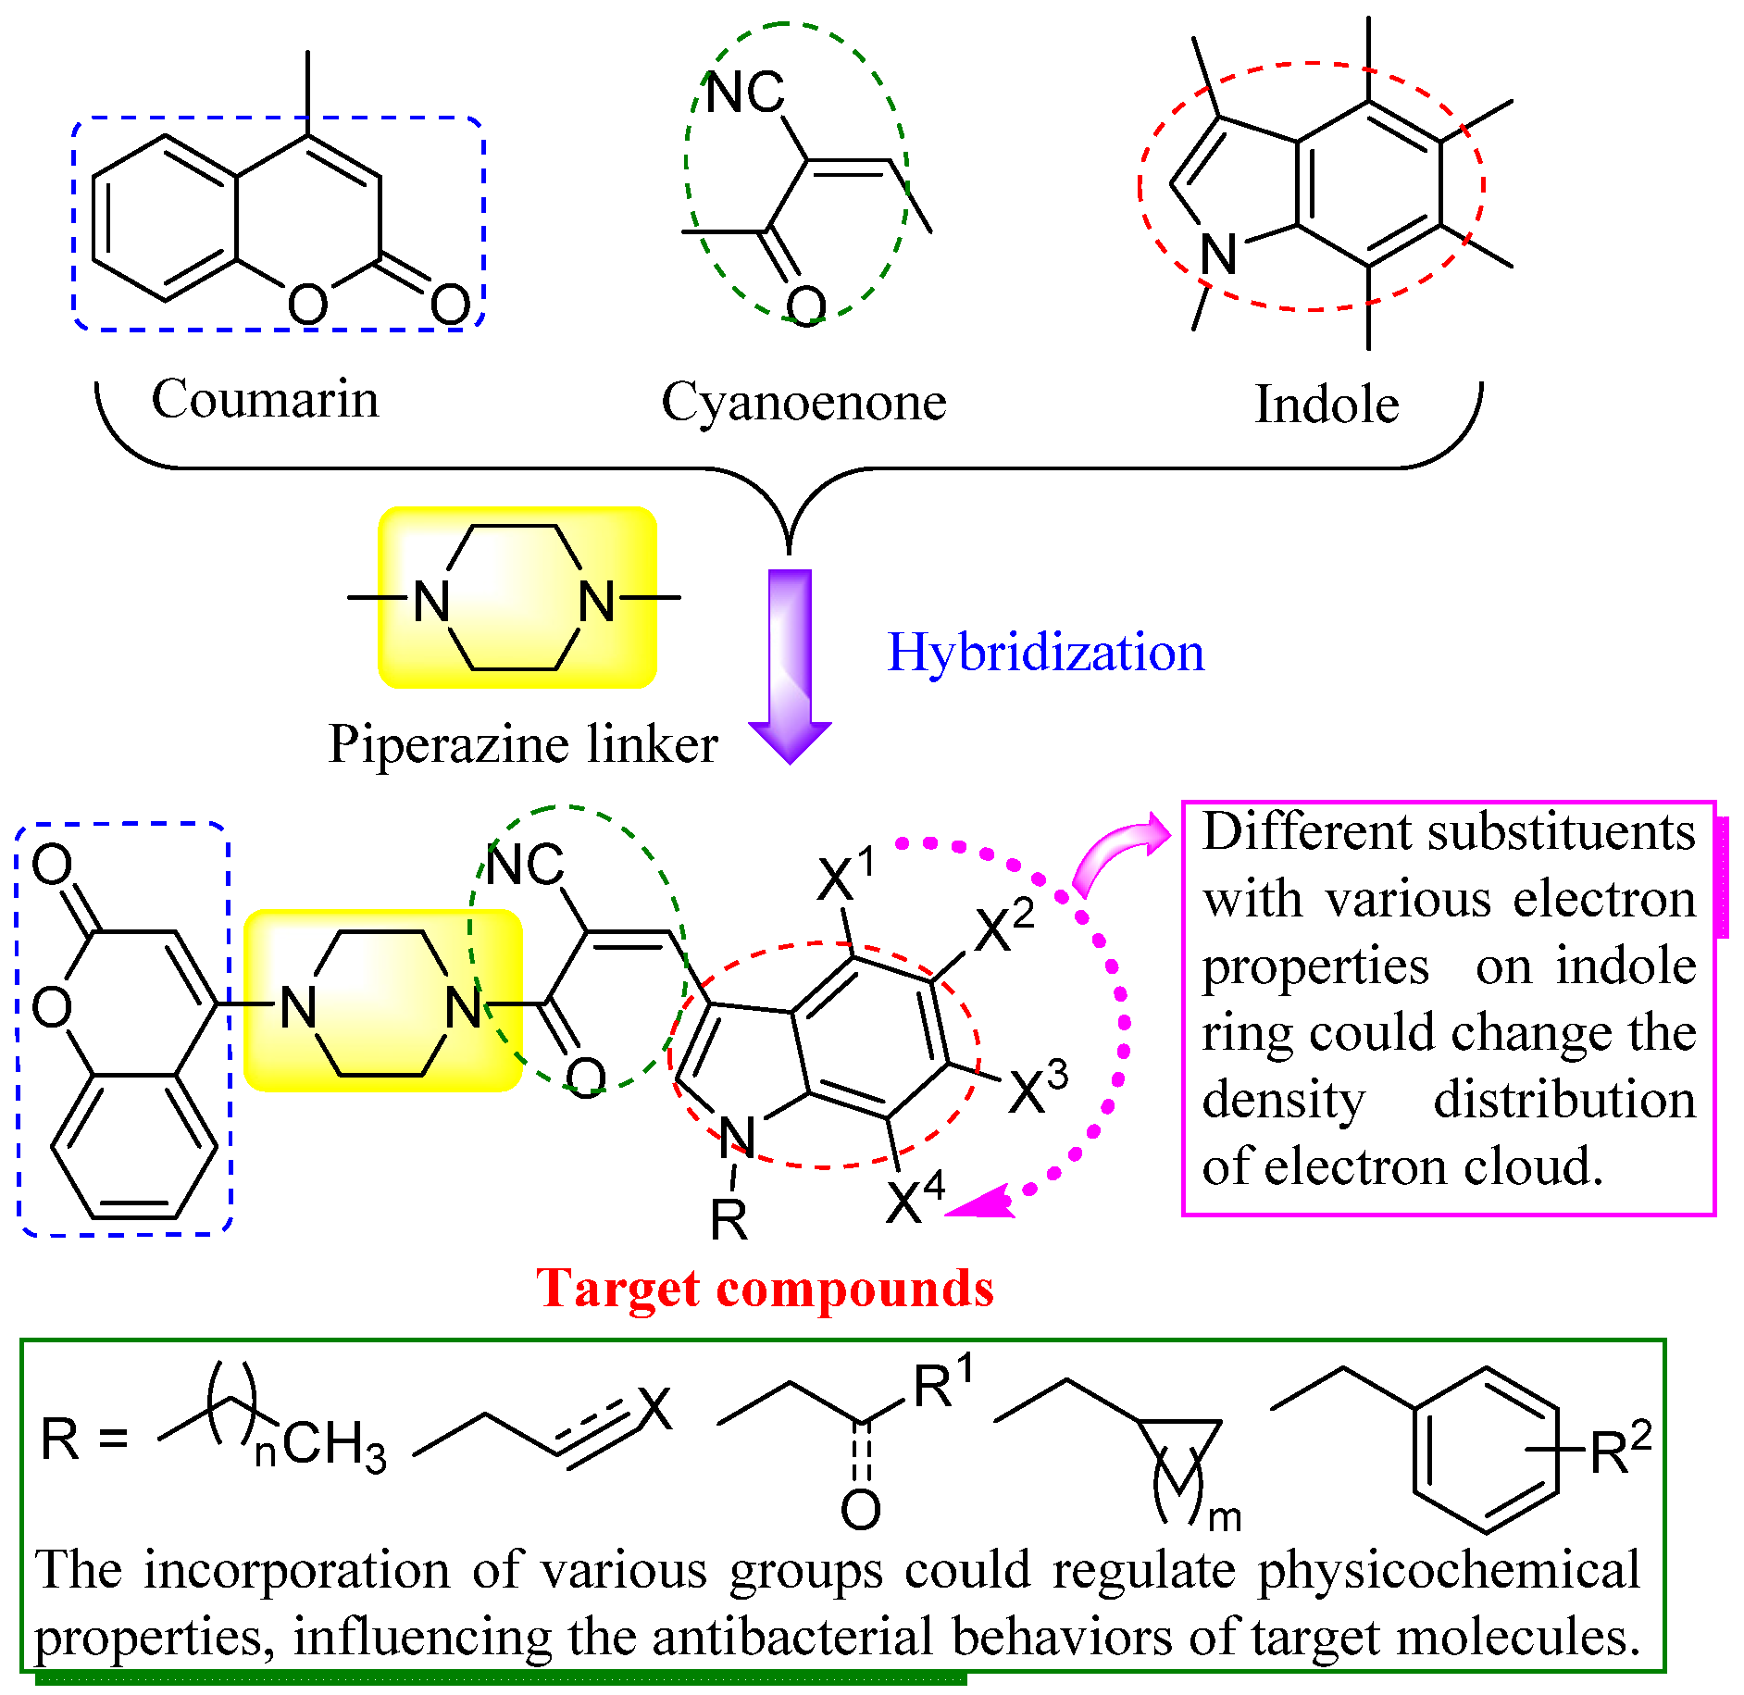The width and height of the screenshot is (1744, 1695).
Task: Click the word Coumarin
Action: point(265,400)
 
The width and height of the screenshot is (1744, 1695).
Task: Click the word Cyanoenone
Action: point(803,403)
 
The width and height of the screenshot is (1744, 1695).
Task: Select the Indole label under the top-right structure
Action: point(1326,405)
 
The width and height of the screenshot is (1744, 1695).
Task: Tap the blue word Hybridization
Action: point(1046,653)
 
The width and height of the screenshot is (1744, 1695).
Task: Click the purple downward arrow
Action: point(790,667)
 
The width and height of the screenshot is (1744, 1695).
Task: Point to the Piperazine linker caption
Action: point(523,744)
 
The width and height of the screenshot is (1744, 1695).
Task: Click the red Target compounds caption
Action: point(765,1289)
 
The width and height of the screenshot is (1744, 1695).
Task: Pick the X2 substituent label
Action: point(1003,928)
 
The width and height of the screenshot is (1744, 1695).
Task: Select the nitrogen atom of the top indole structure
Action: point(1218,254)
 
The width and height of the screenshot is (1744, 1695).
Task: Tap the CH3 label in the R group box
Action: point(333,1445)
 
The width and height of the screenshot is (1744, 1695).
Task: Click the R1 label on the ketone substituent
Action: point(942,1385)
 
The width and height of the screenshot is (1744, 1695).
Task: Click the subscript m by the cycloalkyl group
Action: point(1224,1518)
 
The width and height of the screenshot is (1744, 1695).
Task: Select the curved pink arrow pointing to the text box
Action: point(1120,852)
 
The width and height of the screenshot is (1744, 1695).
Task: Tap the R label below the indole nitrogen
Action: point(729,1220)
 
